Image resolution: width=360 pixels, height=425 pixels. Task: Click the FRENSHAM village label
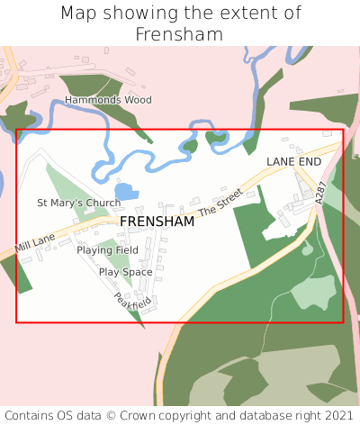157,221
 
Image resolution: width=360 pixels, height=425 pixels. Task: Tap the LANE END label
293,161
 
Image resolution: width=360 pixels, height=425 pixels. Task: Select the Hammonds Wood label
107,100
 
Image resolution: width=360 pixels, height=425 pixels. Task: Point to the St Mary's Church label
78,203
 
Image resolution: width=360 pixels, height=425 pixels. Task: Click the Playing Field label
107,249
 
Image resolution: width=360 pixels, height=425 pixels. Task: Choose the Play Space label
125,271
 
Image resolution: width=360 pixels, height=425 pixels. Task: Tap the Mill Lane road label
34,240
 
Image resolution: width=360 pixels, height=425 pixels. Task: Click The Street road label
220,201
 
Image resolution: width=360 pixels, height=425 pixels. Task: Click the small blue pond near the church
127,192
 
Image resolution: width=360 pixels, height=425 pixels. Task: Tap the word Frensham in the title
180,34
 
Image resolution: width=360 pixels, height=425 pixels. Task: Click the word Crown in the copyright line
144,415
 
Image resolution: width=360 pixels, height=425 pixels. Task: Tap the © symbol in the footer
114,415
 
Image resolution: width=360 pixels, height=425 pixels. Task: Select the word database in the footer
254,415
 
